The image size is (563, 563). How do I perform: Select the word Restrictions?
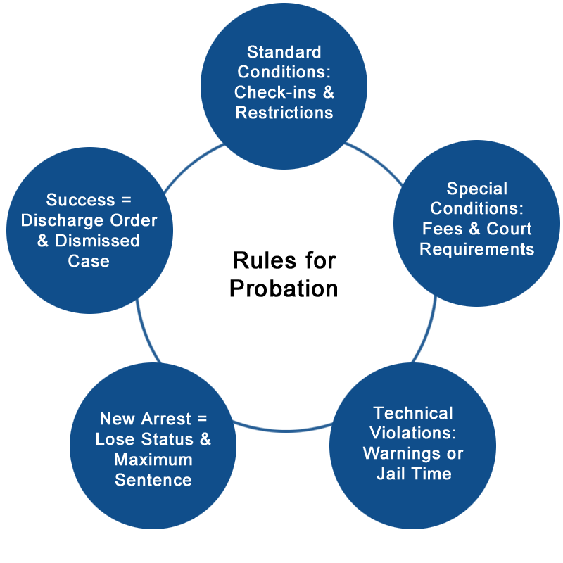284,113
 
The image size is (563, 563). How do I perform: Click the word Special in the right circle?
477,189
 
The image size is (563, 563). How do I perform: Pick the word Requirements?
477,249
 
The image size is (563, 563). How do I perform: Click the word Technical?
413,413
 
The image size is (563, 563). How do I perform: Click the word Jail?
393,474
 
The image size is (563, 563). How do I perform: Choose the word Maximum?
153,460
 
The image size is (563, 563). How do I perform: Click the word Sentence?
153,480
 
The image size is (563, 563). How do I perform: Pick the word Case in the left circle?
89,261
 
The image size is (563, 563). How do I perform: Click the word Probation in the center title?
284,289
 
